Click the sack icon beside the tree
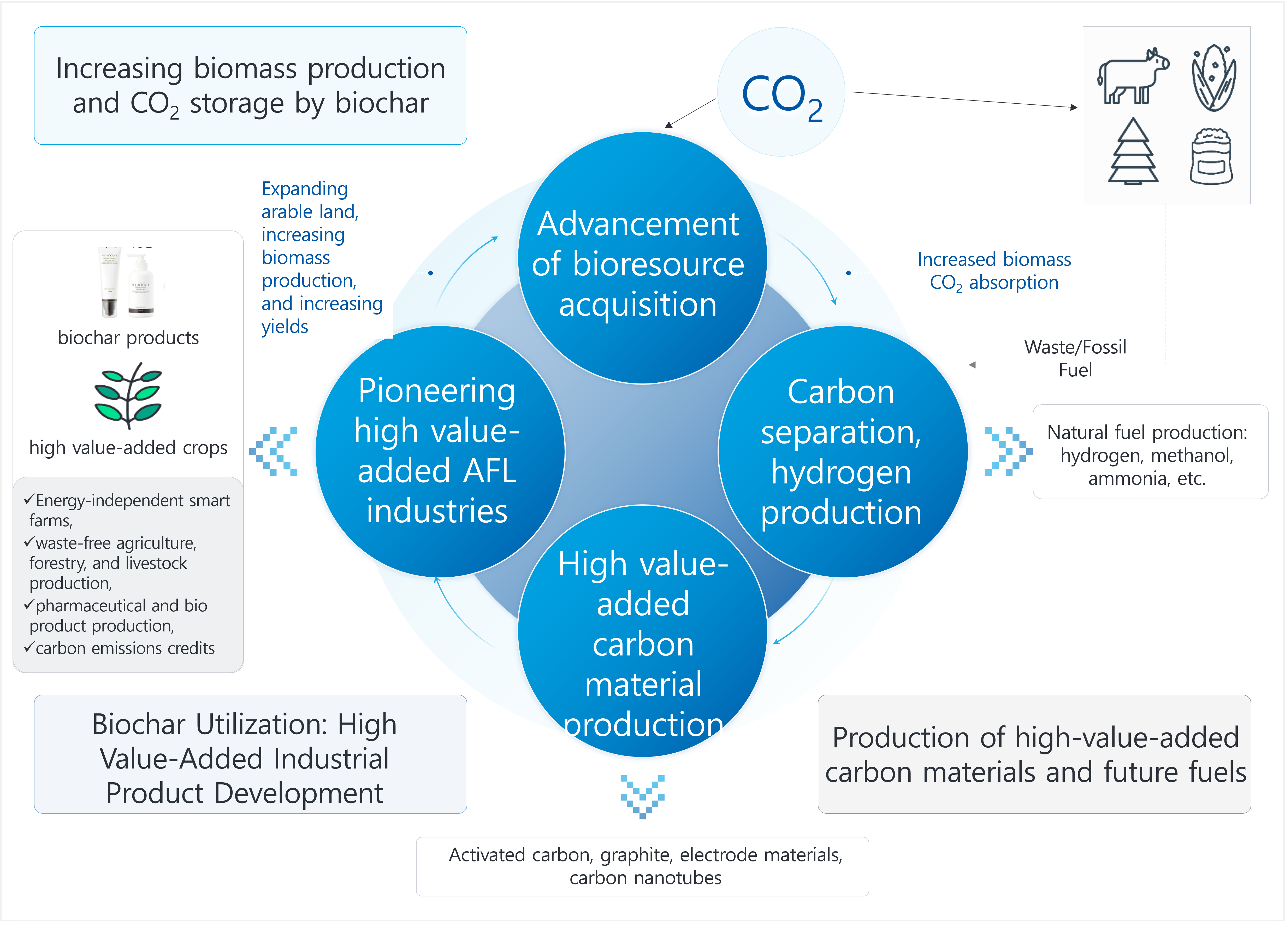click(x=1211, y=156)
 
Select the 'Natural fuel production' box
click(x=1150, y=452)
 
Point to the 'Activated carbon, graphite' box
click(x=643, y=866)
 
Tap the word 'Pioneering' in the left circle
click(x=437, y=391)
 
